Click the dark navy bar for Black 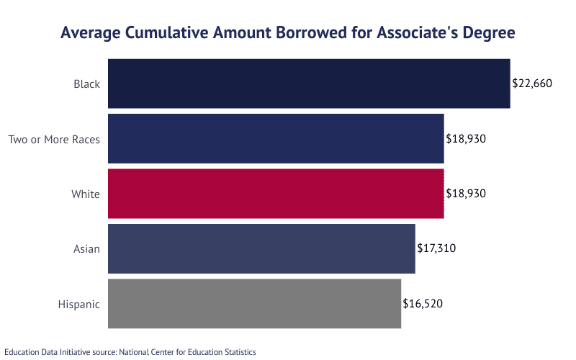(x=309, y=84)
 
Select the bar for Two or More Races (x=276, y=138)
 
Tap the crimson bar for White (x=276, y=194)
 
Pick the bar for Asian (x=261, y=248)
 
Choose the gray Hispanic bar (x=254, y=304)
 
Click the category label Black (x=86, y=84)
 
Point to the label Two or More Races (x=54, y=139)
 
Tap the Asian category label (x=86, y=249)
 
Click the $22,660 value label (x=531, y=84)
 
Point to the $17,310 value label (x=436, y=248)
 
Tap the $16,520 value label (x=423, y=304)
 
